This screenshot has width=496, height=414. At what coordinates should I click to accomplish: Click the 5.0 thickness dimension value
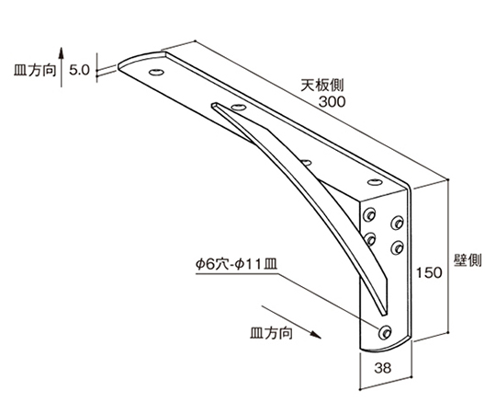(x=80, y=70)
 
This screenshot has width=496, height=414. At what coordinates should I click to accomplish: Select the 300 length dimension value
(x=332, y=102)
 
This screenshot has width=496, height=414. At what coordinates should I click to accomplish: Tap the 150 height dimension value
(x=429, y=272)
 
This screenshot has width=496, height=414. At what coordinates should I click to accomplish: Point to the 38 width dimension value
(x=383, y=368)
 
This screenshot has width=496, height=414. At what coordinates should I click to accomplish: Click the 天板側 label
(x=321, y=85)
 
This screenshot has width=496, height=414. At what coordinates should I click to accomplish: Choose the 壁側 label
(x=468, y=260)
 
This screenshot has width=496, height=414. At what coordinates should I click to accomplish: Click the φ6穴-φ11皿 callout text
(x=236, y=264)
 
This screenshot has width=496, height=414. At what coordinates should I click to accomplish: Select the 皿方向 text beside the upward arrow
(x=35, y=70)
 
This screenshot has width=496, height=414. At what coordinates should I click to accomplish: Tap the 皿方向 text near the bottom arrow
(x=271, y=333)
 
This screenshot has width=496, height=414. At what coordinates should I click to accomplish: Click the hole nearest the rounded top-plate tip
(x=157, y=73)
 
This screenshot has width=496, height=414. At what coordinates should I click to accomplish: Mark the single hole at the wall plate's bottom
(x=385, y=332)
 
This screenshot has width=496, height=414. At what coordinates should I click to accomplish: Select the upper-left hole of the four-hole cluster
(x=369, y=214)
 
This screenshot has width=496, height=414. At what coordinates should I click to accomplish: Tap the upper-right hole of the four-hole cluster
(x=397, y=223)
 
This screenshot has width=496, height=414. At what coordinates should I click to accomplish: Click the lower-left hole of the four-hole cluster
(x=369, y=239)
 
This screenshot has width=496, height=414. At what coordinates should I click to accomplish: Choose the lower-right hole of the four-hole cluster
(x=397, y=247)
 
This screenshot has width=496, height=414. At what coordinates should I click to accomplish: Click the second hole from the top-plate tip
(x=239, y=107)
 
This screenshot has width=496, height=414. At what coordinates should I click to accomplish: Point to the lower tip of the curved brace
(x=383, y=315)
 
